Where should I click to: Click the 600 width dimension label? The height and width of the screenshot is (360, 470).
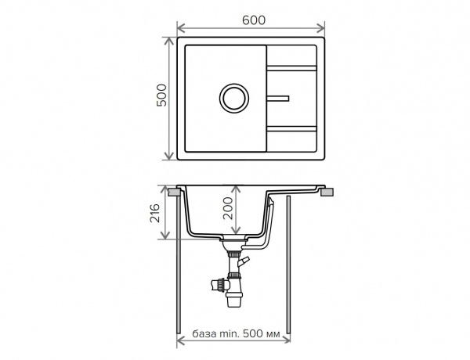pos(254,20)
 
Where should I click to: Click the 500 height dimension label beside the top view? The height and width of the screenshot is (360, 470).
pos(161,95)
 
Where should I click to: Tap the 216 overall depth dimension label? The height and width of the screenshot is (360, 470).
pos(155,213)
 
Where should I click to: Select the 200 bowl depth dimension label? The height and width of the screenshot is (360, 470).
pos(228,208)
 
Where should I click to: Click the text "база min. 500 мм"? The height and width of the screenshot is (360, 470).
pos(237,333)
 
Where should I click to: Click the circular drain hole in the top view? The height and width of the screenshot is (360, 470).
pos(233,99)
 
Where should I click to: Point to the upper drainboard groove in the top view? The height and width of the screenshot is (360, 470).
pos(291,68)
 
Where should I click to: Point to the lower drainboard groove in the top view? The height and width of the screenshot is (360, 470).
pos(291,129)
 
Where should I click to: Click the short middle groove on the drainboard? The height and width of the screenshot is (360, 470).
pos(277,99)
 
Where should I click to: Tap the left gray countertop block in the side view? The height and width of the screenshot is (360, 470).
pos(174,192)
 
